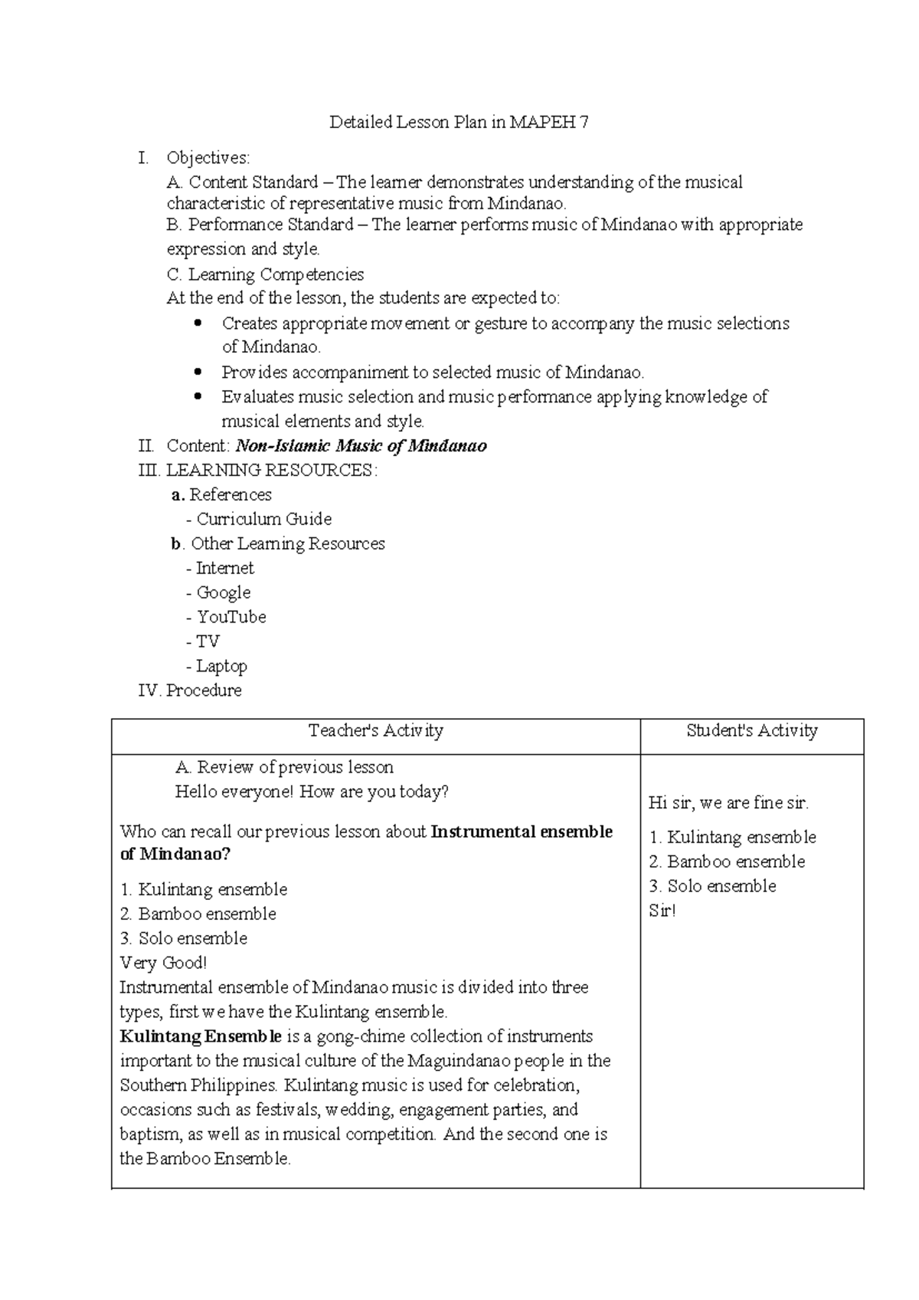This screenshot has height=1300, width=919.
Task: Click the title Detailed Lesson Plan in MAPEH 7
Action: [459, 122]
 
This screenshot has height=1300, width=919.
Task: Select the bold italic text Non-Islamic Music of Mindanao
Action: [361, 446]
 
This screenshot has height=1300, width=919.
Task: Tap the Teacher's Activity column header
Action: [375, 730]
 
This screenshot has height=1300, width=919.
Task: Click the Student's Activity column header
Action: [751, 730]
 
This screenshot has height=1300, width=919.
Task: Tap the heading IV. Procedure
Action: [190, 691]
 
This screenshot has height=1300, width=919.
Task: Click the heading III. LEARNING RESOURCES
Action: [258, 471]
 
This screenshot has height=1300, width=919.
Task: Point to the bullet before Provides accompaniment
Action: [198, 372]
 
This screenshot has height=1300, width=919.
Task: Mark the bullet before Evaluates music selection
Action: [198, 396]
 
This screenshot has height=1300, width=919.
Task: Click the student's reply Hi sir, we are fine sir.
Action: [728, 803]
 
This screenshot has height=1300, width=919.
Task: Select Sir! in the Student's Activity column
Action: [662, 911]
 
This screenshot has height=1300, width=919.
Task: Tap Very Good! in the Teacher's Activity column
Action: [163, 963]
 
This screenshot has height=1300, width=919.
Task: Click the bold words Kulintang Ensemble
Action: [201, 1037]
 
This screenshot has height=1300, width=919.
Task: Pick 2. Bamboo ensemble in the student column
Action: [727, 862]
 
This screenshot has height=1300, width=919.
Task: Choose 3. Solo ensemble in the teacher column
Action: [184, 938]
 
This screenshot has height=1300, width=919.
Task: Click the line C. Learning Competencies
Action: [265, 274]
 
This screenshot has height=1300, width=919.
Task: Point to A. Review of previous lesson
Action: [284, 767]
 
